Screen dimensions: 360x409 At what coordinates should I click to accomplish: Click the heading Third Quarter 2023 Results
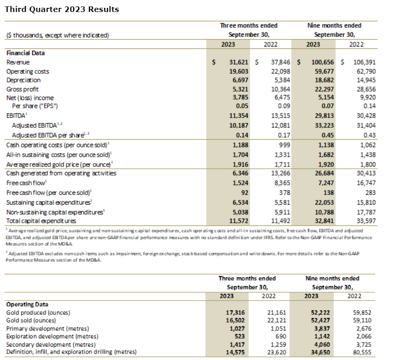(62, 9)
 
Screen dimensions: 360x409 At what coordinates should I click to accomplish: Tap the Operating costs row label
(28, 71)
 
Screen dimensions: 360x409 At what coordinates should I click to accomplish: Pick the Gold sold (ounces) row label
(31, 320)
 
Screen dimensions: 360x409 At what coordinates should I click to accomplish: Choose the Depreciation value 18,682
(322, 80)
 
